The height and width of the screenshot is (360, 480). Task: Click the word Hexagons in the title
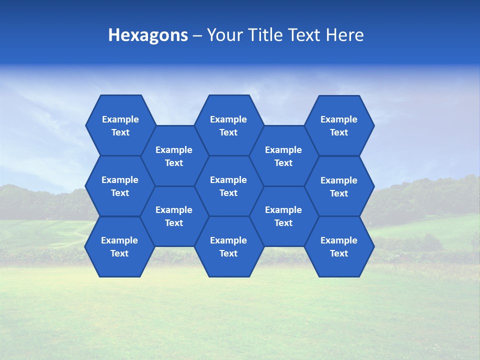tap(148, 35)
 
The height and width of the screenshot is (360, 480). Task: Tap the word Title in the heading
tap(264, 35)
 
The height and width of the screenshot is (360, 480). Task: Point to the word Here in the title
tap(344, 35)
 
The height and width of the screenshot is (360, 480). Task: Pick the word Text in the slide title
tap(304, 35)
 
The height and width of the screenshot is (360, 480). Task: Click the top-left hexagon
tap(120, 125)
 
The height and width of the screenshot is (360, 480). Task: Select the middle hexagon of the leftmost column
tap(120, 186)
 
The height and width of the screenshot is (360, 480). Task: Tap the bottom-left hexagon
tap(119, 246)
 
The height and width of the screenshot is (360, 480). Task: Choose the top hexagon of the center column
tap(228, 125)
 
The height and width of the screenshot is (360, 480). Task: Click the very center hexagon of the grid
tap(228, 186)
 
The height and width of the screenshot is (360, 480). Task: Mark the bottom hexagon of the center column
tap(228, 246)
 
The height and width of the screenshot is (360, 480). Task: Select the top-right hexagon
tap(339, 125)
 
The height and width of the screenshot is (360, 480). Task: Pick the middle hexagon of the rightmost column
tap(339, 186)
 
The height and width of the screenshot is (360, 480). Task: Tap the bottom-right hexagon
tap(339, 246)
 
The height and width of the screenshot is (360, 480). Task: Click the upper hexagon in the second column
tap(174, 156)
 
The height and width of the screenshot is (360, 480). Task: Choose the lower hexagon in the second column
tap(174, 216)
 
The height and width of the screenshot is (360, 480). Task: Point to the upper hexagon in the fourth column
tap(283, 156)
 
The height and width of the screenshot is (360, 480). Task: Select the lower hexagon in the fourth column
tap(283, 216)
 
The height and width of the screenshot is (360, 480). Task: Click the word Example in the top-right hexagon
tap(339, 119)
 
